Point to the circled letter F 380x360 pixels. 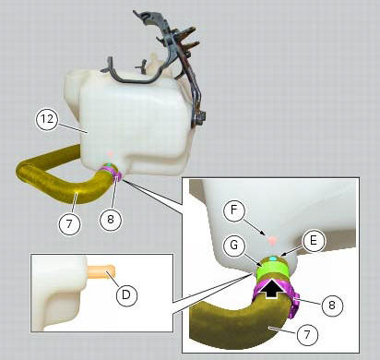tap(236, 210)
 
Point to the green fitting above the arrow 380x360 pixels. tap(274, 269)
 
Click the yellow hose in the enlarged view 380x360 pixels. tap(221, 323)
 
